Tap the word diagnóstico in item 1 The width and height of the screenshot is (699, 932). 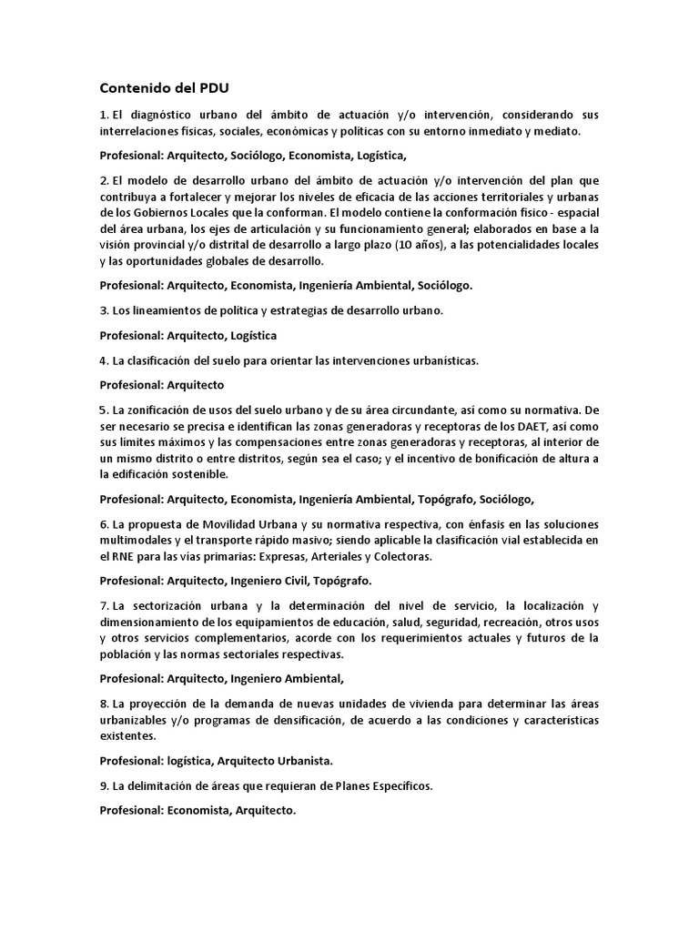tap(155, 115)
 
